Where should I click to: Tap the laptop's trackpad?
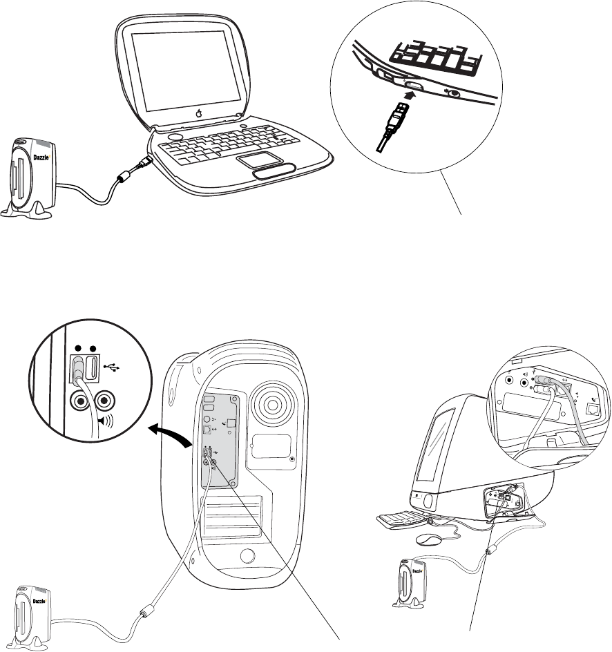pos(260,160)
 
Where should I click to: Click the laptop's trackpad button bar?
pos(274,171)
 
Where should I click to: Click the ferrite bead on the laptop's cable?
pos(124,178)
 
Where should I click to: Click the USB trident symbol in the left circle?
pos(112,367)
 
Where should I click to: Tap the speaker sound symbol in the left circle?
pos(105,421)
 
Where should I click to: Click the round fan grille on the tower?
pos(274,403)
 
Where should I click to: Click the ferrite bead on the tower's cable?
pos(145,612)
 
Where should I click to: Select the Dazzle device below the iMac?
pos(410,583)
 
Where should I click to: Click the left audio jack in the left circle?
pos(80,401)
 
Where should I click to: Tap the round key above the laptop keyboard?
pos(175,137)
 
